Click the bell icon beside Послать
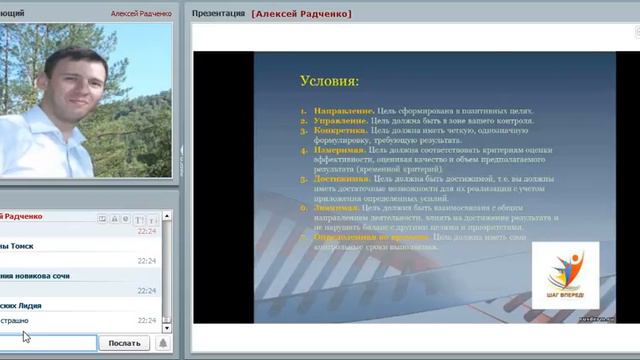coord(162,343)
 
